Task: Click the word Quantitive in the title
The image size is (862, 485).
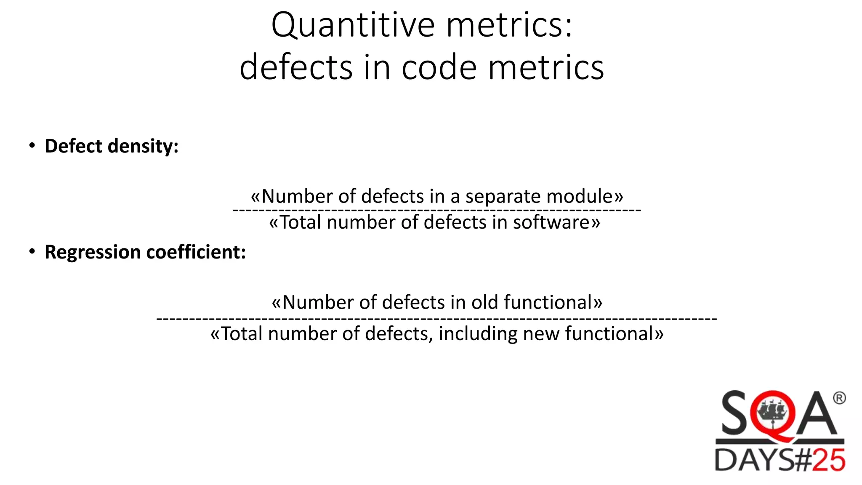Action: [x=353, y=25]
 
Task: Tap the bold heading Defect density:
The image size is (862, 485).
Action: [x=112, y=146]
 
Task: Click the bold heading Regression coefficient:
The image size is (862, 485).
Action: [x=145, y=252]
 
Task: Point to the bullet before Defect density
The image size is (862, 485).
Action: [x=32, y=146]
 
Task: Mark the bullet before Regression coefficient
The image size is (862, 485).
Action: [x=32, y=252]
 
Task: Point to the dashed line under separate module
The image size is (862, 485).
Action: [x=437, y=209]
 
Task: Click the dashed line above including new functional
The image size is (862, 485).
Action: [x=437, y=319]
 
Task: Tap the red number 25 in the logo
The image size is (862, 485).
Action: [x=828, y=460]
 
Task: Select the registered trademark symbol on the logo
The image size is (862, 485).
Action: [x=839, y=398]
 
